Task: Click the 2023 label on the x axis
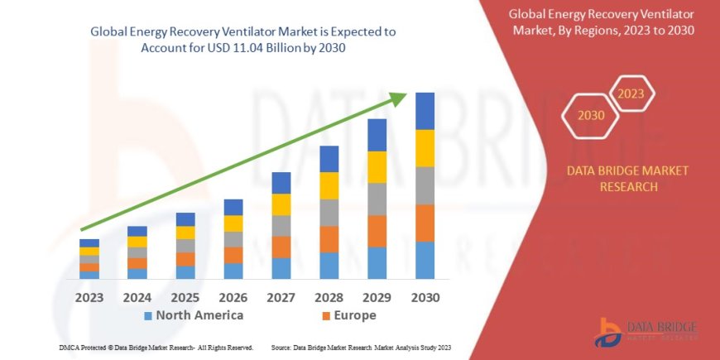point(89,296)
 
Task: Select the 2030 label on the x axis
point(425,296)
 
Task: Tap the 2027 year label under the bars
point(281,296)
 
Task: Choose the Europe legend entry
point(348,315)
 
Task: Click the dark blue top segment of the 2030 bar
point(425,111)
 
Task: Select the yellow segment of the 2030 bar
point(425,148)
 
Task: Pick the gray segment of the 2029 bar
point(377,199)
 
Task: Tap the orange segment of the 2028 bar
point(329,239)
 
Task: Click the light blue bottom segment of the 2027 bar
point(281,268)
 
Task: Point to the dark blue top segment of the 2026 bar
point(233,207)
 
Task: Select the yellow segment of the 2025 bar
point(185,233)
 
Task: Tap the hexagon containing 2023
point(630,94)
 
